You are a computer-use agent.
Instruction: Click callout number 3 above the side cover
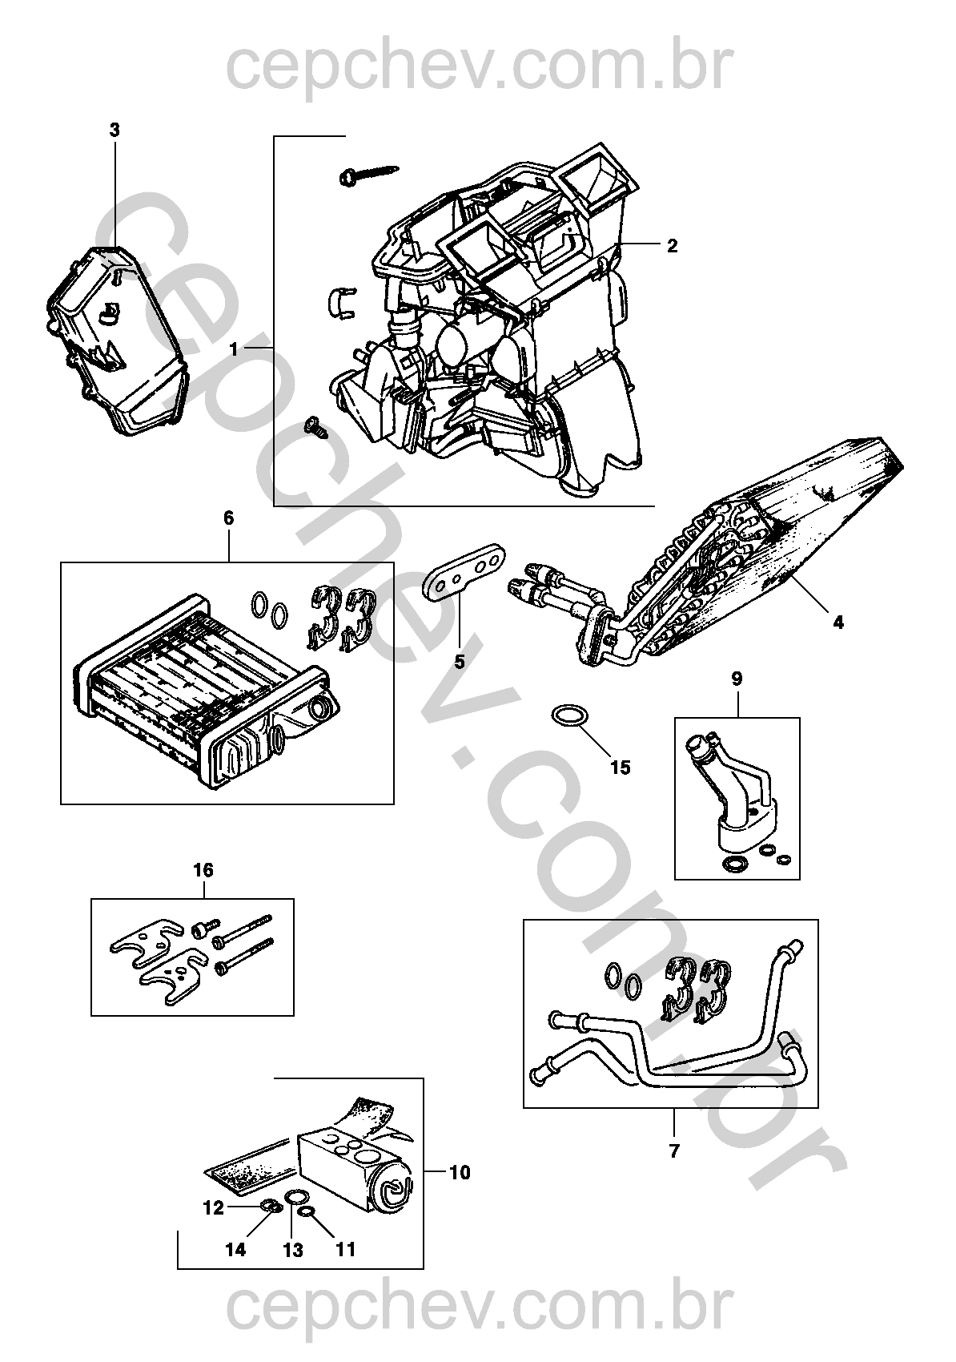click(x=114, y=130)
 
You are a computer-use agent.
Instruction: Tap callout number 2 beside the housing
click(x=672, y=246)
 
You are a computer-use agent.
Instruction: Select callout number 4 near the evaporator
click(x=838, y=622)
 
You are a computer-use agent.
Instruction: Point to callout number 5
click(x=460, y=662)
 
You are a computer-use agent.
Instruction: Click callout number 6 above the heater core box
click(x=228, y=518)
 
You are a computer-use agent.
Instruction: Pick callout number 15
click(x=620, y=768)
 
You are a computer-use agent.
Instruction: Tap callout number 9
click(x=737, y=679)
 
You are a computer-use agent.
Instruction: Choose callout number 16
click(x=203, y=870)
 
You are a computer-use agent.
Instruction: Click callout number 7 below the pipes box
click(x=673, y=1151)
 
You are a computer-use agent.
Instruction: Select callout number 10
click(x=460, y=1173)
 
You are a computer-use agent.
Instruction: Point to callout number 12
click(x=213, y=1209)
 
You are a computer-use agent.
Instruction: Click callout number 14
click(x=235, y=1249)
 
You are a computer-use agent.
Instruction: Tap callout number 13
click(x=293, y=1250)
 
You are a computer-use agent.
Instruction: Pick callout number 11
click(x=345, y=1249)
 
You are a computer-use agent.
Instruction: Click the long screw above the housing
click(x=368, y=173)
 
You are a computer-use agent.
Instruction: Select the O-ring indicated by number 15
click(x=568, y=715)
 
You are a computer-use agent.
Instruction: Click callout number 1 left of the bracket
click(x=234, y=349)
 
